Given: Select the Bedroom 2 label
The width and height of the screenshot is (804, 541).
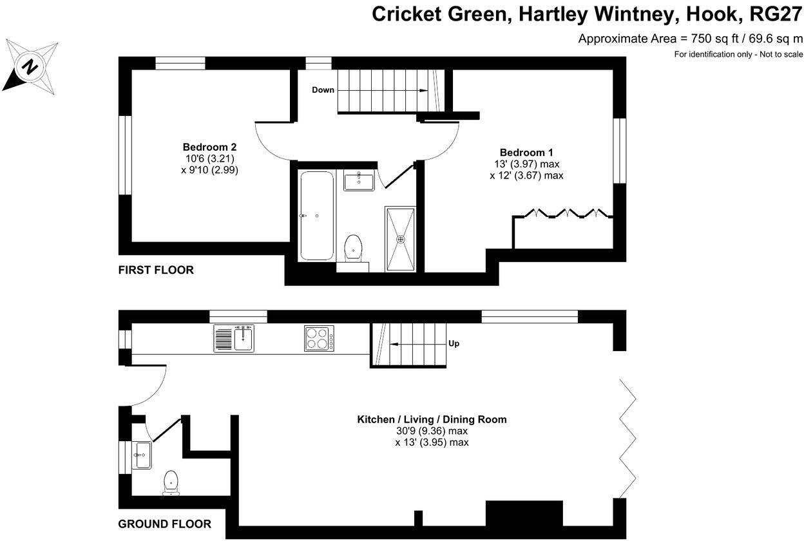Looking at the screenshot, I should click(210, 147).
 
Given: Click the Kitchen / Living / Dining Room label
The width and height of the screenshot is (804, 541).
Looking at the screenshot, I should click(432, 419).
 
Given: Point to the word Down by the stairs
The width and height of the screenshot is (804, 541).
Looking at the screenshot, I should click(323, 90).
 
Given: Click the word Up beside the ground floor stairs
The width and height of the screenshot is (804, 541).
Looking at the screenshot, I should click(454, 344).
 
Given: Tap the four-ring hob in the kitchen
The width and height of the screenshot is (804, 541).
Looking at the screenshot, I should click(319, 338).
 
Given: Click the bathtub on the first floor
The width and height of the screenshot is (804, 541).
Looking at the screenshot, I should click(316, 216).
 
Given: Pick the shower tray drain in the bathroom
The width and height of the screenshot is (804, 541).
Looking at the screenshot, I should click(401, 239).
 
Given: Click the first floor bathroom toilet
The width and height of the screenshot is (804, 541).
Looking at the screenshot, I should click(352, 248).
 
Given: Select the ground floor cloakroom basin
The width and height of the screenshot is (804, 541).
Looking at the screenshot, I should click(142, 455).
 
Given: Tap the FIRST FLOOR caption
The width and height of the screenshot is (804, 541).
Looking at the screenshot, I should click(156, 270).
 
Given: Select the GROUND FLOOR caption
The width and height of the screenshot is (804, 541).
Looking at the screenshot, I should click(164, 524).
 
